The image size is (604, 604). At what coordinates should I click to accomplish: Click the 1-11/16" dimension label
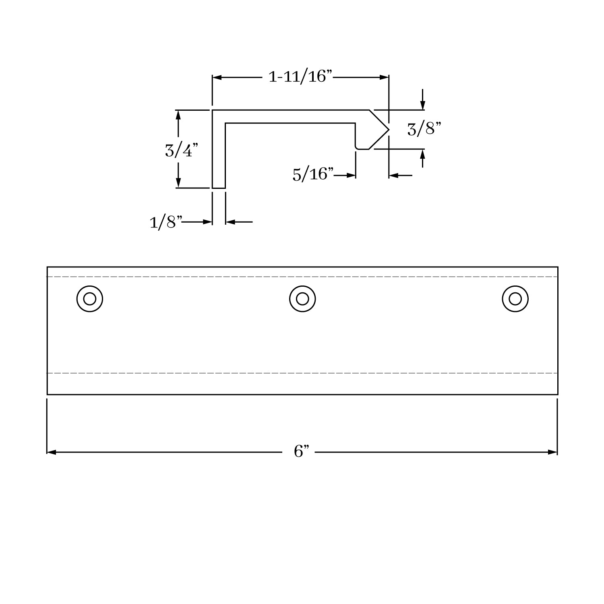(300, 76)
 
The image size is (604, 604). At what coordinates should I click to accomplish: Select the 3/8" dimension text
(424, 129)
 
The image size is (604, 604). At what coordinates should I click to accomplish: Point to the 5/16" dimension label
(313, 174)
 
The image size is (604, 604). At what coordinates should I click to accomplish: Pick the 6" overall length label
(301, 451)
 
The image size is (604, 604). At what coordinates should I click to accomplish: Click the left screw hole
(90, 299)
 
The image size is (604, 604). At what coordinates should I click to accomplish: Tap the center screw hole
(302, 299)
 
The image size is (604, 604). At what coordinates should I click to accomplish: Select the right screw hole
(515, 299)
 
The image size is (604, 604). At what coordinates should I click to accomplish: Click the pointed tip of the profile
(389, 130)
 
